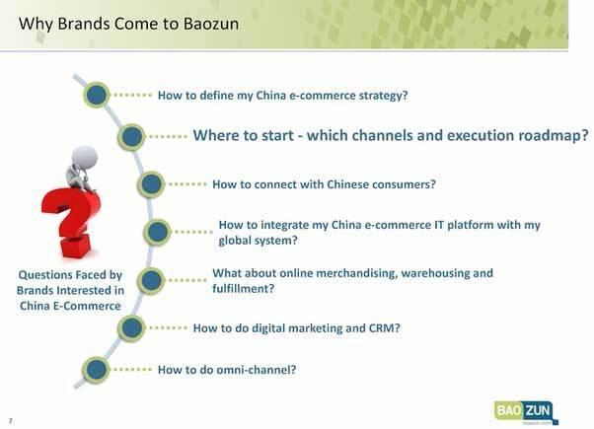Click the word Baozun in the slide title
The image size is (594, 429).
[211, 24]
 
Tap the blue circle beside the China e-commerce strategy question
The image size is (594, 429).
[97, 95]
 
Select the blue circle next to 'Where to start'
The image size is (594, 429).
[131, 137]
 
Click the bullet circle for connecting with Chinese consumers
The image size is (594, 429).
[151, 184]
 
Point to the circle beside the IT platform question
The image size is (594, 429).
[157, 232]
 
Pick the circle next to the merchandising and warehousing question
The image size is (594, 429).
[151, 280]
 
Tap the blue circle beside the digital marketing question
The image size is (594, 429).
[131, 327]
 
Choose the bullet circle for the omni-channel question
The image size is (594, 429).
[97, 370]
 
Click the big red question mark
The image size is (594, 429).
[71, 224]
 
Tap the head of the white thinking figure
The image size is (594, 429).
[85, 156]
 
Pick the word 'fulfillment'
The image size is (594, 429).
[243, 289]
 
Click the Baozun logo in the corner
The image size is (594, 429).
[526, 412]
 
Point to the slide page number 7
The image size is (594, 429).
[11, 421]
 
